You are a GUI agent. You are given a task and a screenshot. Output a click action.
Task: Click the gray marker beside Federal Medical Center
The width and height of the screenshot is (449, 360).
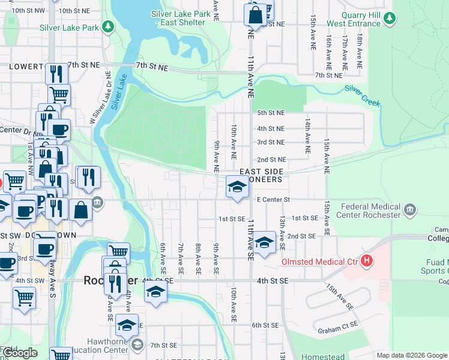[x=410, y=209]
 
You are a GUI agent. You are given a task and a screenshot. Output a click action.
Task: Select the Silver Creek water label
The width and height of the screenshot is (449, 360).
[x=363, y=95]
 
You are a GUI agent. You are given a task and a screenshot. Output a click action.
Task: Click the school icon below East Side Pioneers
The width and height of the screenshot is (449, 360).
[x=237, y=187]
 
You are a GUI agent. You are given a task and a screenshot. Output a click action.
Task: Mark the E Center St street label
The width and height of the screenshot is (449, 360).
[x=273, y=200]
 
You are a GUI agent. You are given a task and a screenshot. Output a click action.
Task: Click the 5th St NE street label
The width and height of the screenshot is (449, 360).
[x=271, y=113]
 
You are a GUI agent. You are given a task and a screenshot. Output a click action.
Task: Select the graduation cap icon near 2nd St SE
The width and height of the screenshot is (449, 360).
[x=264, y=243]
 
